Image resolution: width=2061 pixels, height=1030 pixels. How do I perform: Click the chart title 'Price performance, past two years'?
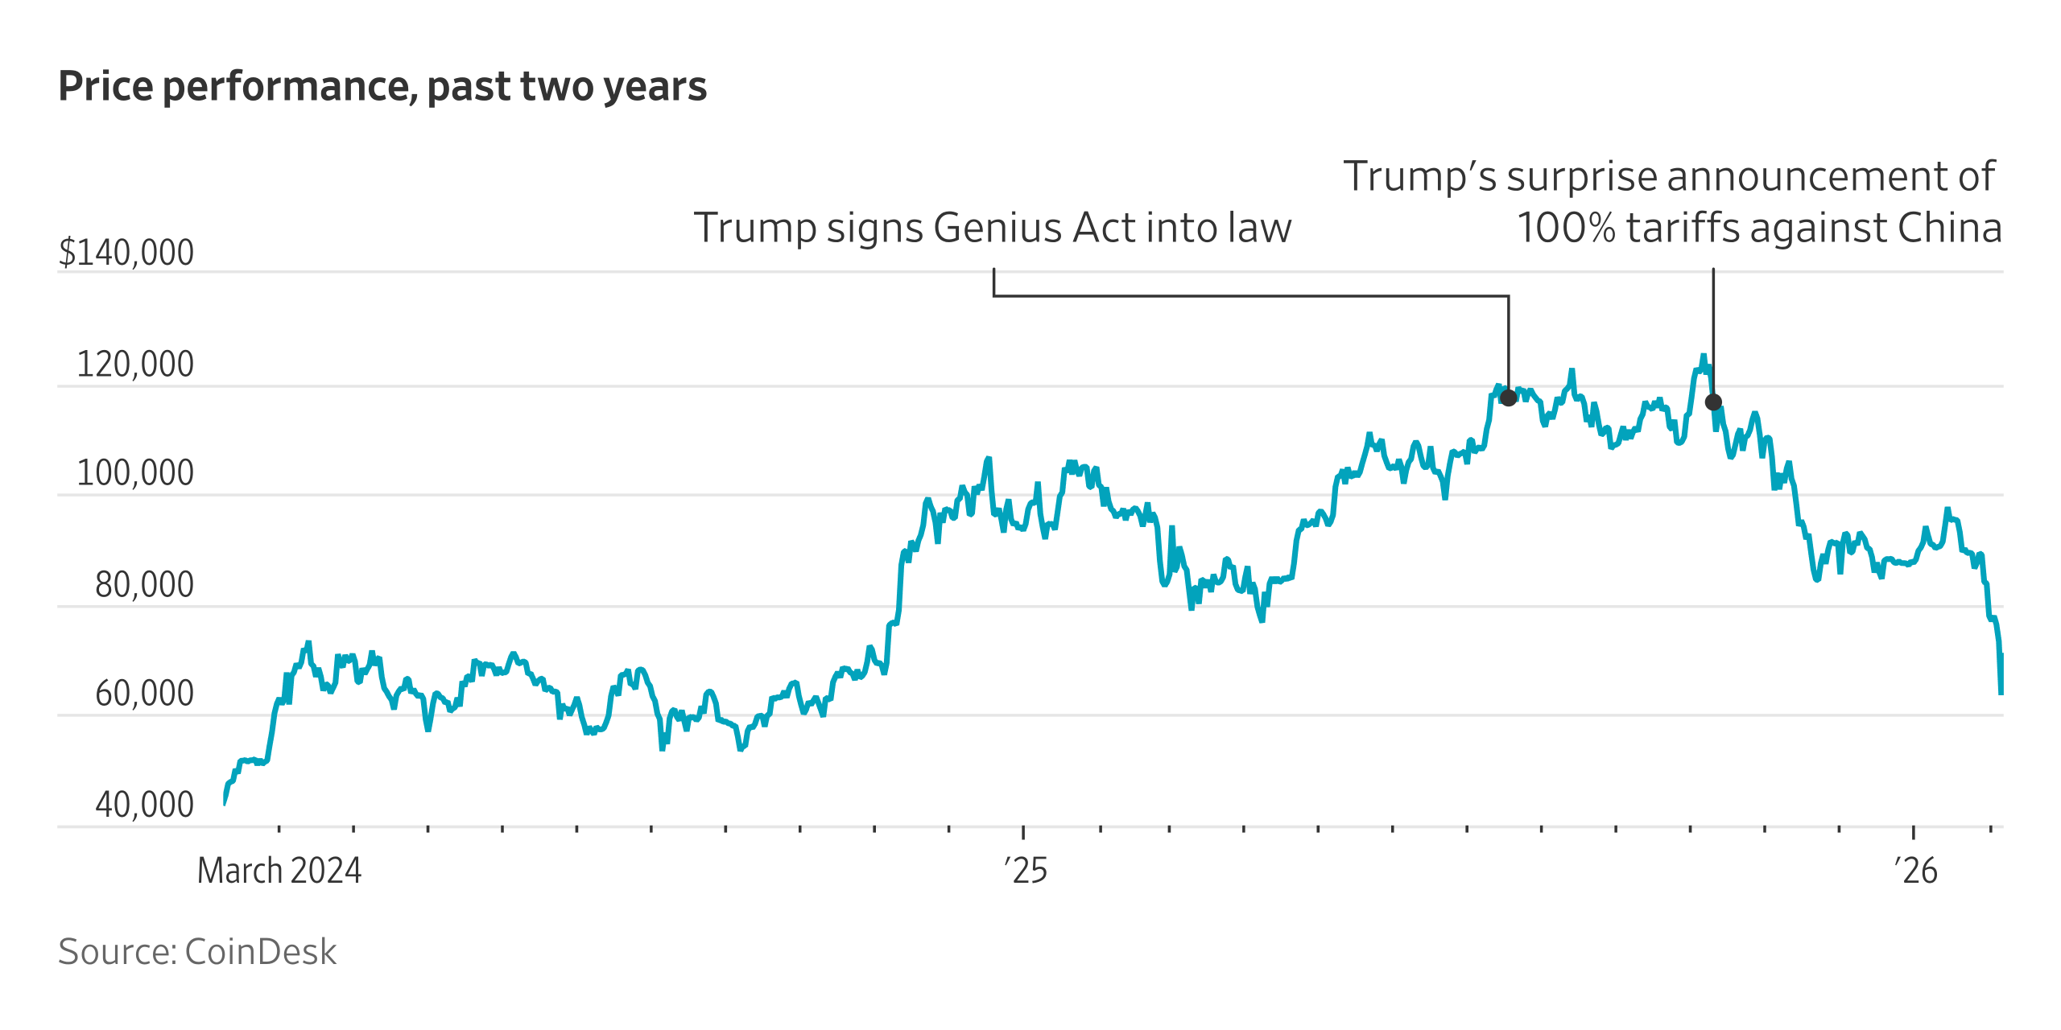tap(382, 87)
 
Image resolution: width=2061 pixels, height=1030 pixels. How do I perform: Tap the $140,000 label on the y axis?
tap(126, 253)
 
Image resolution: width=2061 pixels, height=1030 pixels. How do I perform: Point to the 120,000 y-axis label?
tap(135, 365)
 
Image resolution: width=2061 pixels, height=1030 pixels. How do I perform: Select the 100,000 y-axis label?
tap(135, 473)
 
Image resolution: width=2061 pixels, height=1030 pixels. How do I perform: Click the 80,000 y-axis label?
tap(144, 585)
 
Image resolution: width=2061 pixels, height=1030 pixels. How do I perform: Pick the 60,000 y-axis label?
tap(144, 694)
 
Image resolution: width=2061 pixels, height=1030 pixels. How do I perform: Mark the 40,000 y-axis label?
tap(144, 805)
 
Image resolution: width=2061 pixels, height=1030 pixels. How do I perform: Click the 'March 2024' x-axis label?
tap(279, 871)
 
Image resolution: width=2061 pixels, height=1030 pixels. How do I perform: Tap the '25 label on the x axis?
tap(1025, 871)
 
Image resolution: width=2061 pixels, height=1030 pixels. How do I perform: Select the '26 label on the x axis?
tap(1915, 871)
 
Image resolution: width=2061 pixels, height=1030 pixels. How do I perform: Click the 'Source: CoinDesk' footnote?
tap(197, 952)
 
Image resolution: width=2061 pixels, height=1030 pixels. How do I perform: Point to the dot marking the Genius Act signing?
tap(1509, 398)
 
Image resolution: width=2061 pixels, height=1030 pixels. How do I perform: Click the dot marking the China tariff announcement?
tap(1713, 402)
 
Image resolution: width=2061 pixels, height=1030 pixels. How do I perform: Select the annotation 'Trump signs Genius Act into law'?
tap(992, 228)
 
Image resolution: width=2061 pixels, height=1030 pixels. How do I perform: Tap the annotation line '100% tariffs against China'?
tap(1759, 228)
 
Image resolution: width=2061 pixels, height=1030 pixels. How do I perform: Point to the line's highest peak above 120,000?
tap(1703, 356)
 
